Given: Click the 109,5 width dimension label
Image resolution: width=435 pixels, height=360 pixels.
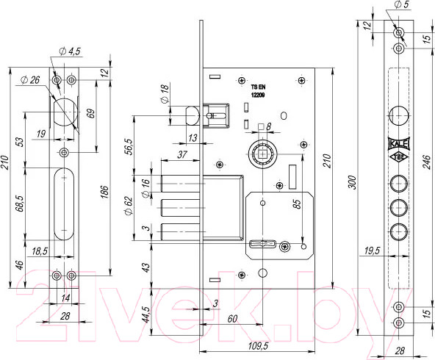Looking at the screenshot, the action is pyautogui.click(x=258, y=346).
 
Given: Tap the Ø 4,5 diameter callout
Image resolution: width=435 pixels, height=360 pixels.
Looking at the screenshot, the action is pyautogui.click(x=70, y=51).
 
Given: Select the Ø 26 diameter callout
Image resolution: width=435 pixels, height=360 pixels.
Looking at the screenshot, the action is pyautogui.click(x=30, y=80).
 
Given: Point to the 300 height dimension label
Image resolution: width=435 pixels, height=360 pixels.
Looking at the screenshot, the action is pyautogui.click(x=352, y=182).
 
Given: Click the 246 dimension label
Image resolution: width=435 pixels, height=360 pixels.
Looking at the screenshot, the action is pyautogui.click(x=428, y=162).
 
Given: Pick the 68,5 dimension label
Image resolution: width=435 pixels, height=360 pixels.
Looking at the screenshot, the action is pyautogui.click(x=20, y=204).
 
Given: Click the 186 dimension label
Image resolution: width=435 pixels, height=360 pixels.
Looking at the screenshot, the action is pyautogui.click(x=104, y=192).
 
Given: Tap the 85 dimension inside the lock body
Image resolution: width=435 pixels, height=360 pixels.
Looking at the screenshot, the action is pyautogui.click(x=297, y=204).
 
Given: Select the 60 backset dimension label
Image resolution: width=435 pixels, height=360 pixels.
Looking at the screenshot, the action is pyautogui.click(x=232, y=319).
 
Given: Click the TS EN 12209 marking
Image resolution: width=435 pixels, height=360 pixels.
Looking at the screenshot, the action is pyautogui.click(x=258, y=91).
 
